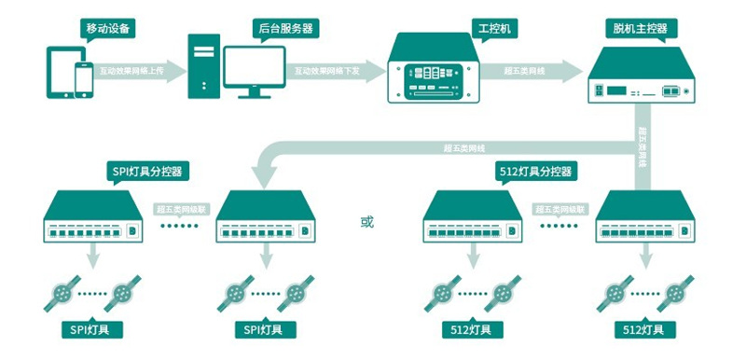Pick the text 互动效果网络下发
[326, 70]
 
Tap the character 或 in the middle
[366, 222]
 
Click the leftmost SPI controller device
[90, 220]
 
